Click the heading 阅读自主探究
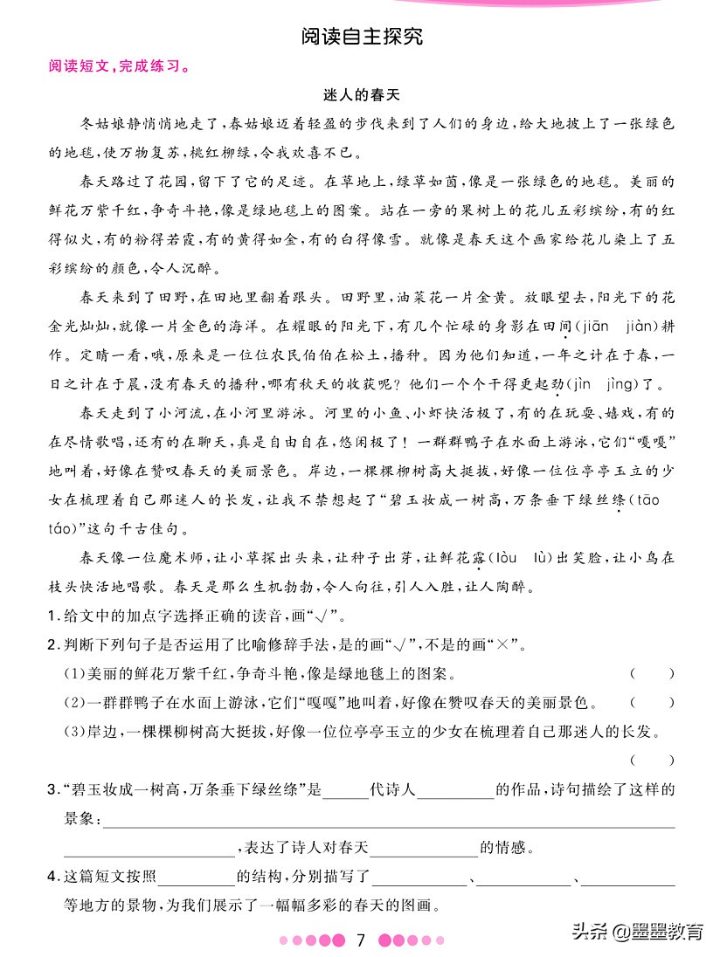click(x=361, y=37)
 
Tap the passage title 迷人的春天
click(x=361, y=93)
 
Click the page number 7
click(x=361, y=940)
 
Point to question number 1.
click(x=52, y=616)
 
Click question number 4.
click(x=52, y=877)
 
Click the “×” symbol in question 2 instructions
click(x=503, y=645)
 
